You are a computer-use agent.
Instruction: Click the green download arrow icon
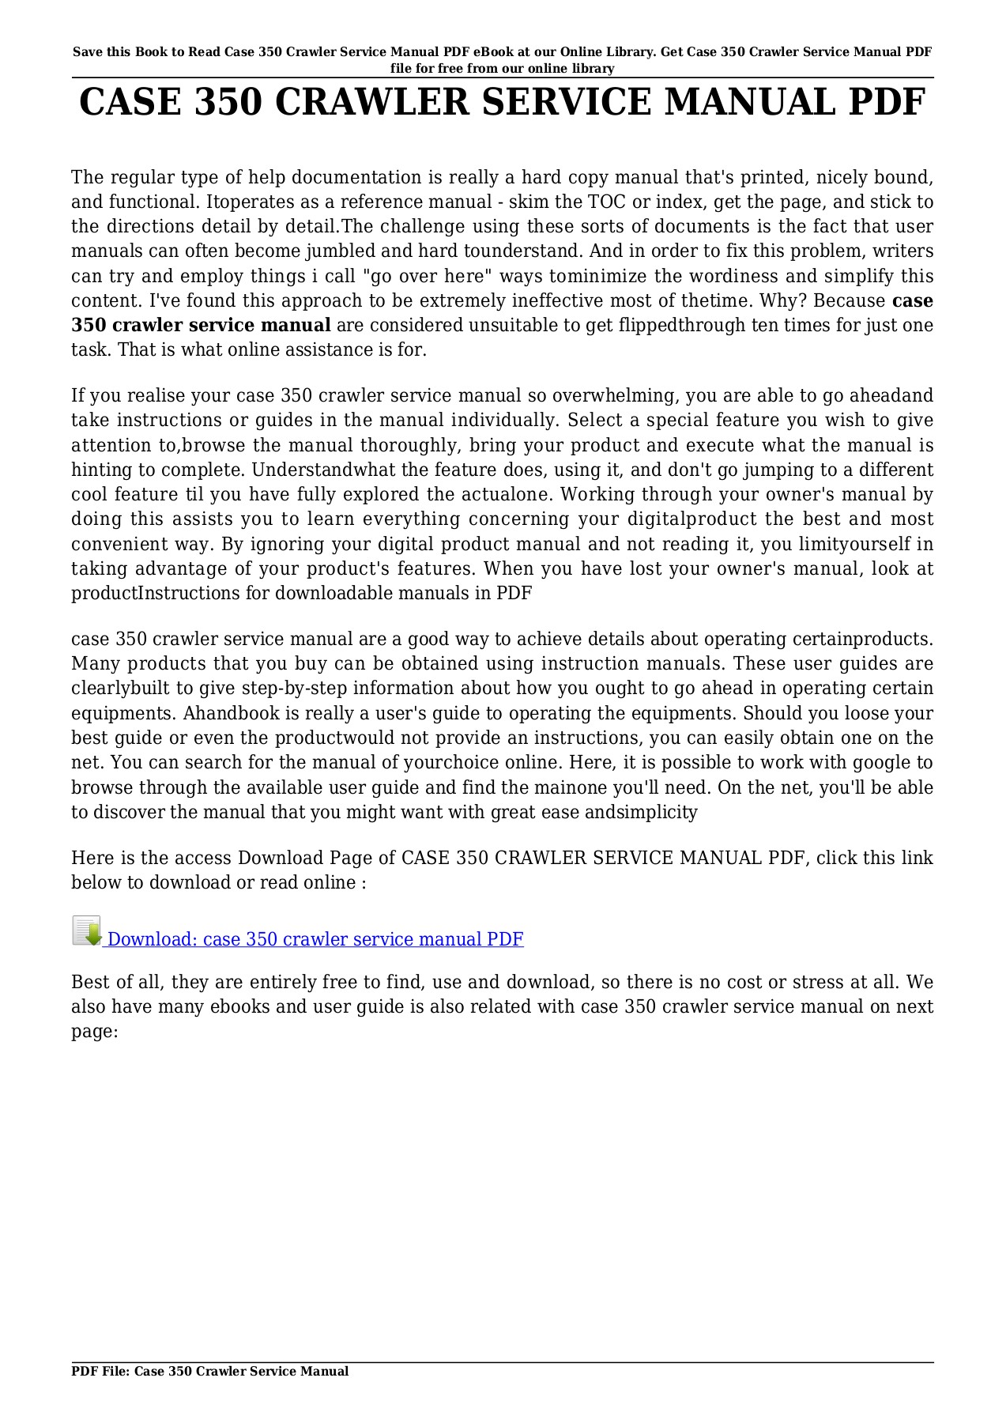tap(87, 931)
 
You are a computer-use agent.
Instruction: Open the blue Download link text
tap(315, 939)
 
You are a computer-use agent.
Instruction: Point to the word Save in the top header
tap(87, 52)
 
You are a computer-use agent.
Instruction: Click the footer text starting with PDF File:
tap(209, 1372)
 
